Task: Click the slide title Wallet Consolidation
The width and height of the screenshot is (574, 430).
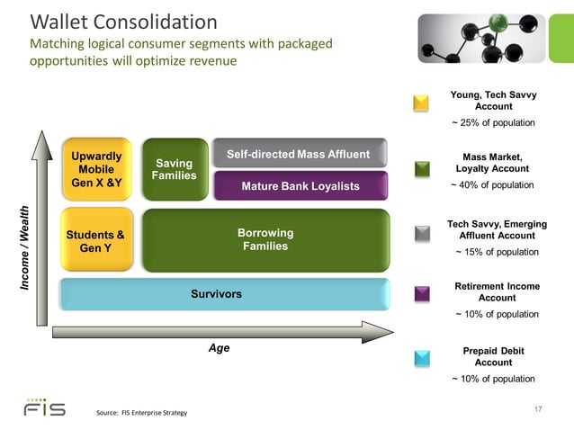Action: point(124,22)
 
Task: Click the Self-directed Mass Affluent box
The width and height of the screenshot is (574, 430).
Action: point(299,154)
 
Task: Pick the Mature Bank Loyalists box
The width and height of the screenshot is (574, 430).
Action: point(299,186)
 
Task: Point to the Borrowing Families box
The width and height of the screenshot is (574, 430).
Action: point(265,240)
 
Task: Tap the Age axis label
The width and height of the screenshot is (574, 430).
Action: point(219,348)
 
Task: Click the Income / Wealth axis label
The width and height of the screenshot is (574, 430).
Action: point(24,246)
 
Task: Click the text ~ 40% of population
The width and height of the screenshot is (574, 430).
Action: point(492,185)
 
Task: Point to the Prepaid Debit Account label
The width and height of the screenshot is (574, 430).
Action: point(493,356)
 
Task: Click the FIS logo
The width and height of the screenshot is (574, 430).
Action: point(44,408)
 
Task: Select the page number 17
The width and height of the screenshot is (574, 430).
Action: point(538,410)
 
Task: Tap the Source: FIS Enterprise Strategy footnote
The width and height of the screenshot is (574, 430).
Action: point(141,413)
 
